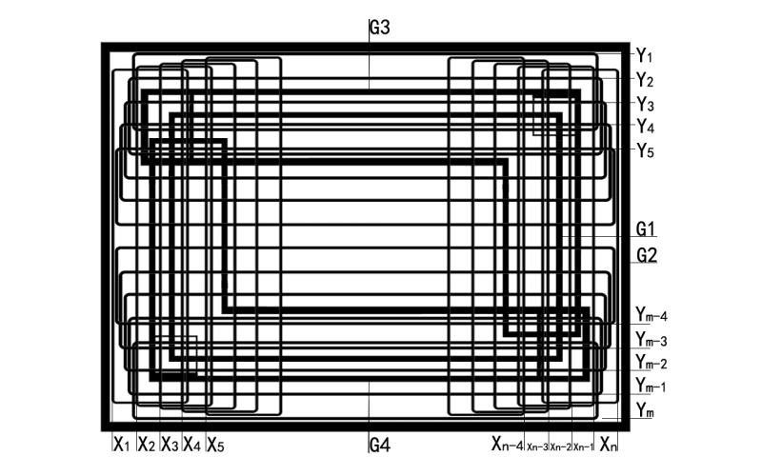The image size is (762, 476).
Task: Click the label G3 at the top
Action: [380, 28]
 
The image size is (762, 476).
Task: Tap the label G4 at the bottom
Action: [380, 445]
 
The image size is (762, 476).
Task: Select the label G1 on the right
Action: [647, 229]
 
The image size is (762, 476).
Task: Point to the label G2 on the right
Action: [648, 255]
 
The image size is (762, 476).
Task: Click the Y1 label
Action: [645, 55]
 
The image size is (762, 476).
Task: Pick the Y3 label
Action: [645, 103]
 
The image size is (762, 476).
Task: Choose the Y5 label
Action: [645, 149]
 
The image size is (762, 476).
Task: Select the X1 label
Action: [121, 444]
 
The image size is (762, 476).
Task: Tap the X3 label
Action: [170, 444]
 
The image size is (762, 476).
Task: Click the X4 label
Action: [192, 444]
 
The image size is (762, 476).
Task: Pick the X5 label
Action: [215, 444]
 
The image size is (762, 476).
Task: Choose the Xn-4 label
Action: [508, 444]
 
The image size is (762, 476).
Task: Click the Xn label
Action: [609, 444]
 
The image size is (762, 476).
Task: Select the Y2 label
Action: [645, 79]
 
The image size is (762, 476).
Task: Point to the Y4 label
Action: [645, 126]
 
